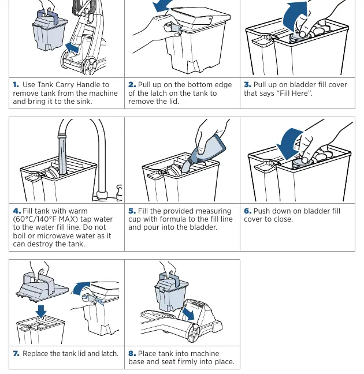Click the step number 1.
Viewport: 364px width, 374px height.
[x=16, y=85]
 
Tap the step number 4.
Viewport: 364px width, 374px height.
[x=17, y=211]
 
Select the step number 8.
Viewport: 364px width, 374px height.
[x=132, y=353]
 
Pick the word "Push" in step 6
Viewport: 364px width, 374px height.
[x=261, y=211]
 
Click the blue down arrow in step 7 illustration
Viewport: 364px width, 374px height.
[x=41, y=312]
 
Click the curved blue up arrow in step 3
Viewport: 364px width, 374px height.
[x=294, y=17]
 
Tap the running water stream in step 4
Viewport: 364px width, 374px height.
[x=62, y=155]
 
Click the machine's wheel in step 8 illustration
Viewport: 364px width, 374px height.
[x=194, y=332]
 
